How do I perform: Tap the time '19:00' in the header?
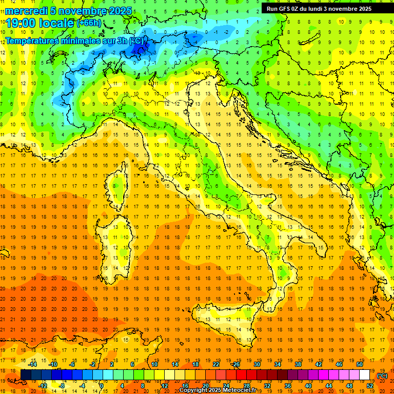click(x=21, y=23)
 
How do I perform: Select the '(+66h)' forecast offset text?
click(x=89, y=24)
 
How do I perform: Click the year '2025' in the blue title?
click(x=120, y=11)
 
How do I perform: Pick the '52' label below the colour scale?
click(x=370, y=385)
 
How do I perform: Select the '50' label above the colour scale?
click(x=360, y=364)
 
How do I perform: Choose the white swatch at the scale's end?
click(x=365, y=375)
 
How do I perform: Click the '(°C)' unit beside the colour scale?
click(x=382, y=375)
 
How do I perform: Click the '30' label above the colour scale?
click(x=257, y=364)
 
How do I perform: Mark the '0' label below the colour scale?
click(x=102, y=385)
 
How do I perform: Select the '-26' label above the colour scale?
click(x=235, y=364)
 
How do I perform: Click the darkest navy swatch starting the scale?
click(x=26, y=375)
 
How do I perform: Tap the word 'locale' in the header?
click(x=56, y=23)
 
